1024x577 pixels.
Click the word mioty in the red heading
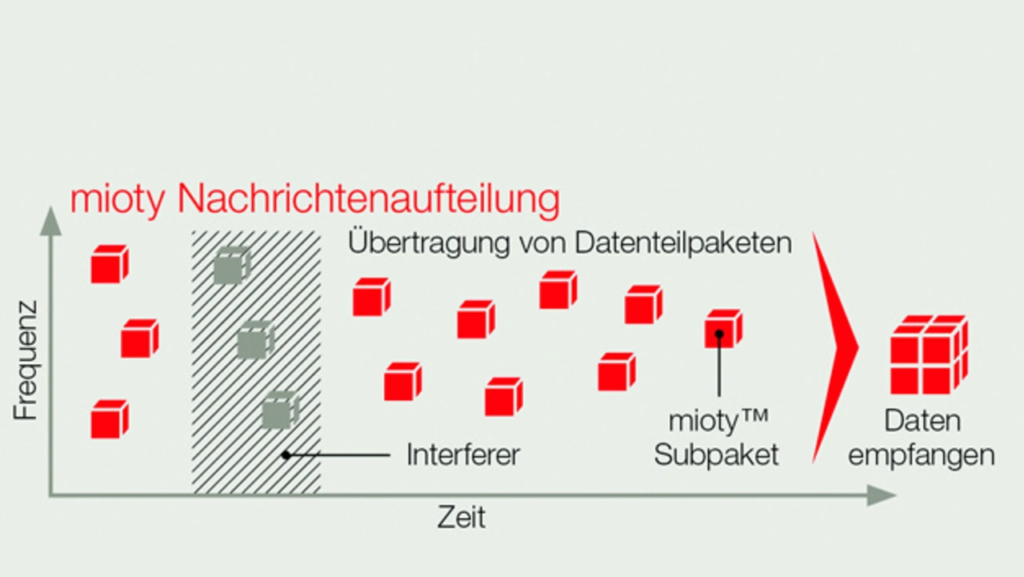pos(118,200)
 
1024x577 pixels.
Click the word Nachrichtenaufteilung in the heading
pos(368,200)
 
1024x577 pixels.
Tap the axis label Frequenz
pos(26,360)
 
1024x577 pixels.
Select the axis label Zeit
pos(461,518)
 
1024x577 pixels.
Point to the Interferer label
pos(463,455)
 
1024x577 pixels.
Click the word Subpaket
pos(716,455)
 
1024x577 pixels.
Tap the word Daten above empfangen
pos(922,422)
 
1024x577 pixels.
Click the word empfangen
pos(922,455)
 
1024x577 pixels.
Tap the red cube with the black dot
pos(722,328)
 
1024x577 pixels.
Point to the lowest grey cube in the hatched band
pos(279,411)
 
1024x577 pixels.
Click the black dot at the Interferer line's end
pos(285,455)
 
